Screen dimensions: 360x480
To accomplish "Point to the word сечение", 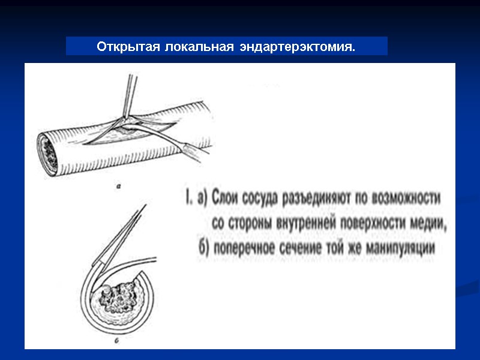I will [x=305, y=248].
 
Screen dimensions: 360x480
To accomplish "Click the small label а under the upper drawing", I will [x=119, y=186].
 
